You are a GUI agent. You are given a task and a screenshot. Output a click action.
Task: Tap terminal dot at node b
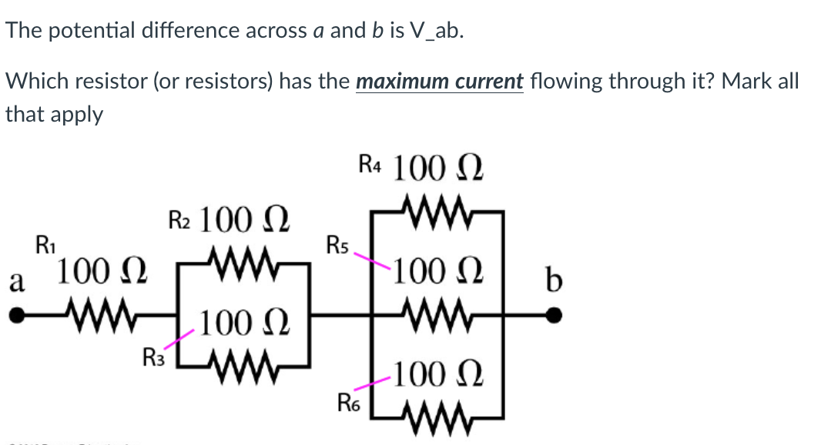pos(553,315)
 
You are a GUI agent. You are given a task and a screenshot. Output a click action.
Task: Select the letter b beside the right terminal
pos(552,279)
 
